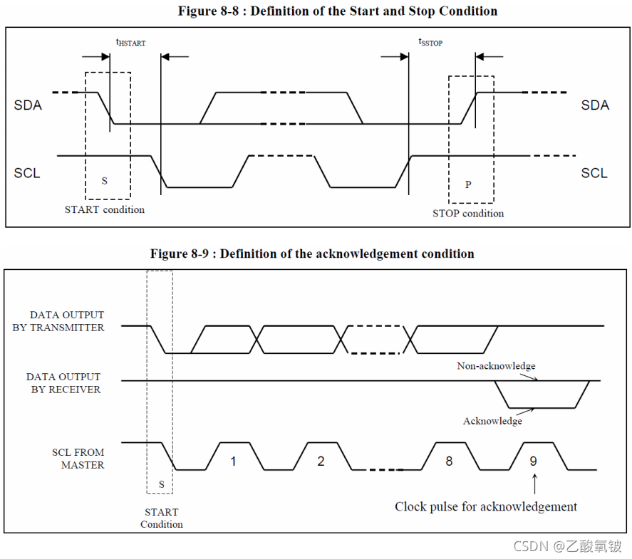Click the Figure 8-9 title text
point(312,254)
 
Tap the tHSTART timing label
point(130,43)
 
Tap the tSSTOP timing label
point(430,43)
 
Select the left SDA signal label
point(28,105)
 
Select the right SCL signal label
point(594,174)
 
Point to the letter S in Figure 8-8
point(105,182)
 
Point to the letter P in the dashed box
point(468,184)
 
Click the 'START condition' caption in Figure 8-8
point(105,210)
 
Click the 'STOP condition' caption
point(468,214)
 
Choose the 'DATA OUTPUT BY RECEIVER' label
point(64,383)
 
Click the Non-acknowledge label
point(496,366)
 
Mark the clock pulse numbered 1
point(233,461)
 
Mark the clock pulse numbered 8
point(449,461)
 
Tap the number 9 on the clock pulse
point(533,461)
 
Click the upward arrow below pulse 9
point(534,484)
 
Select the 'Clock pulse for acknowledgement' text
point(486,507)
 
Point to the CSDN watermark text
point(567,546)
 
